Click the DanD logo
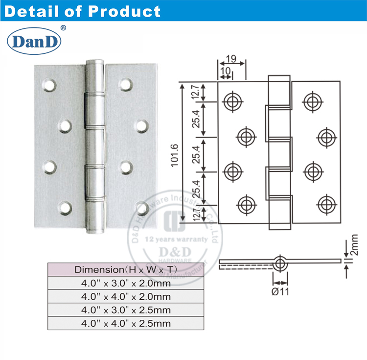click(34, 41)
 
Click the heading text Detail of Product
click(82, 11)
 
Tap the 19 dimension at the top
click(232, 60)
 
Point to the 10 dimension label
click(226, 71)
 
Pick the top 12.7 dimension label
click(195, 92)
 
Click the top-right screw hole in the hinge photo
click(125, 85)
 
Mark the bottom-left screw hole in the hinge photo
click(65, 207)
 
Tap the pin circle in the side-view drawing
click(280, 264)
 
